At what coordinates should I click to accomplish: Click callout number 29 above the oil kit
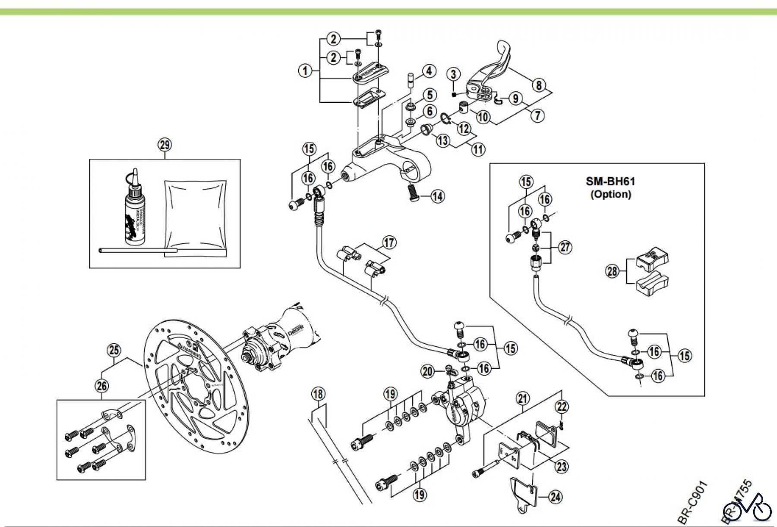[165, 145]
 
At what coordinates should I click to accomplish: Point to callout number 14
[437, 196]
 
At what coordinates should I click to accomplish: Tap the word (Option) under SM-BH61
[610, 194]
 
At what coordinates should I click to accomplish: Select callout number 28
[613, 272]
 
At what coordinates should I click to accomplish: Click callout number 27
[565, 247]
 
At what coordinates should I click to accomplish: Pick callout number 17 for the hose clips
[389, 242]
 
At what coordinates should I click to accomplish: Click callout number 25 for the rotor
[114, 350]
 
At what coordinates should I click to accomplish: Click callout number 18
[318, 394]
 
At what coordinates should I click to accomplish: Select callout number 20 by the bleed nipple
[428, 371]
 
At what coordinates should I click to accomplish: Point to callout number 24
[556, 497]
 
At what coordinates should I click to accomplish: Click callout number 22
[562, 406]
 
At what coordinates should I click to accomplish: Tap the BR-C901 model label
[692, 502]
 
